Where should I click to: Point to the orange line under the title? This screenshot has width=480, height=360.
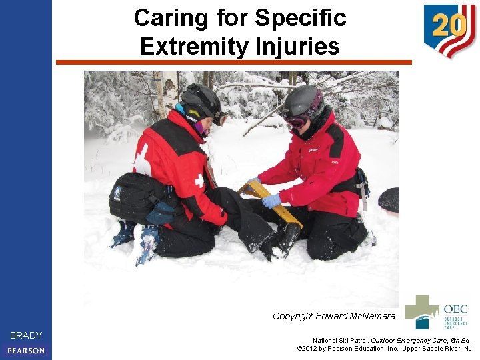[233, 63]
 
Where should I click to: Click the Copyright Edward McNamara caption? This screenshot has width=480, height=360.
[333, 316]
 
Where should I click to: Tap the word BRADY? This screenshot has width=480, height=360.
[26, 335]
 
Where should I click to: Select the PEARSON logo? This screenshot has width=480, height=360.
[26, 350]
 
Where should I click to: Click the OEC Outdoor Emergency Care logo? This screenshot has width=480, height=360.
[437, 313]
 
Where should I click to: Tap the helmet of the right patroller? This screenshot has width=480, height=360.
[303, 100]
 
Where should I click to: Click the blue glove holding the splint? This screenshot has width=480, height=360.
[271, 201]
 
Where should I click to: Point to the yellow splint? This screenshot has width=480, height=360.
[280, 207]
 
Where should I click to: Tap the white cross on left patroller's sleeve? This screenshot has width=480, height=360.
[198, 181]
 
